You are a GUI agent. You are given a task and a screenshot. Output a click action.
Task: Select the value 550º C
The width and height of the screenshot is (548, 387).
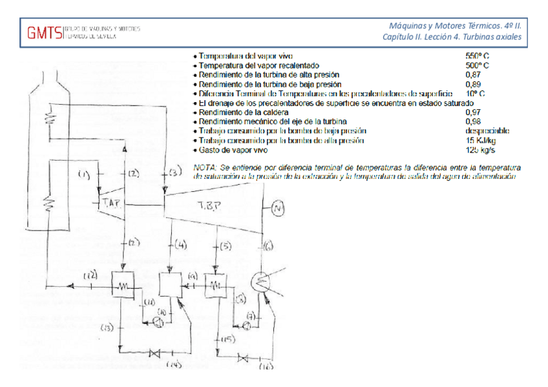coord(478,56)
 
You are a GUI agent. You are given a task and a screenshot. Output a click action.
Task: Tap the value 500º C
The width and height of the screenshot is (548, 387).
coord(478,65)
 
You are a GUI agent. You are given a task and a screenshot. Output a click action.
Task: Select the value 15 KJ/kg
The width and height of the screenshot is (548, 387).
coord(480,140)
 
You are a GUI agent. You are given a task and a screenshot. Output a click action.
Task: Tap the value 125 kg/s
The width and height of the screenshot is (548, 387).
coord(480,150)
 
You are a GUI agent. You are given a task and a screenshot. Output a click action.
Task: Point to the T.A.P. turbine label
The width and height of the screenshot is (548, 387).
coord(111,204)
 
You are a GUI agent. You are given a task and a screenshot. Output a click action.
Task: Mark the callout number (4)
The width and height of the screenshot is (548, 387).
coord(180,245)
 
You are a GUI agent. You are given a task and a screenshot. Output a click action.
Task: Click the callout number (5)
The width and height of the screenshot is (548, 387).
coord(224,246)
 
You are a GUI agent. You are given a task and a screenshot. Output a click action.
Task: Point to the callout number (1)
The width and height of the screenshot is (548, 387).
coord(85,174)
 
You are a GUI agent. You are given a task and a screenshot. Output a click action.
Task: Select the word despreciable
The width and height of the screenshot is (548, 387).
coord(488,131)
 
